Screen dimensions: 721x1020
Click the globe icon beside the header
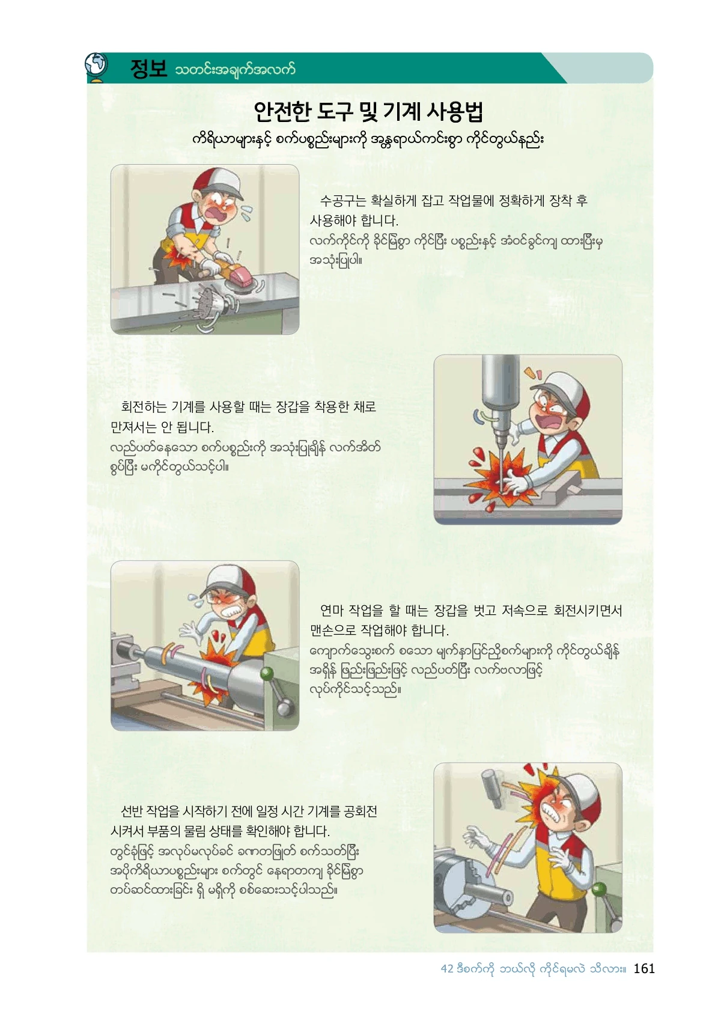click(x=97, y=67)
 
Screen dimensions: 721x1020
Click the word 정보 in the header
click(x=148, y=69)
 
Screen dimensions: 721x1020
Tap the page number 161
click(x=643, y=968)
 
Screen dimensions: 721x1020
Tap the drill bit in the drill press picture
click(x=501, y=465)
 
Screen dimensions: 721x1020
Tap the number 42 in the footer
click(x=447, y=968)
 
